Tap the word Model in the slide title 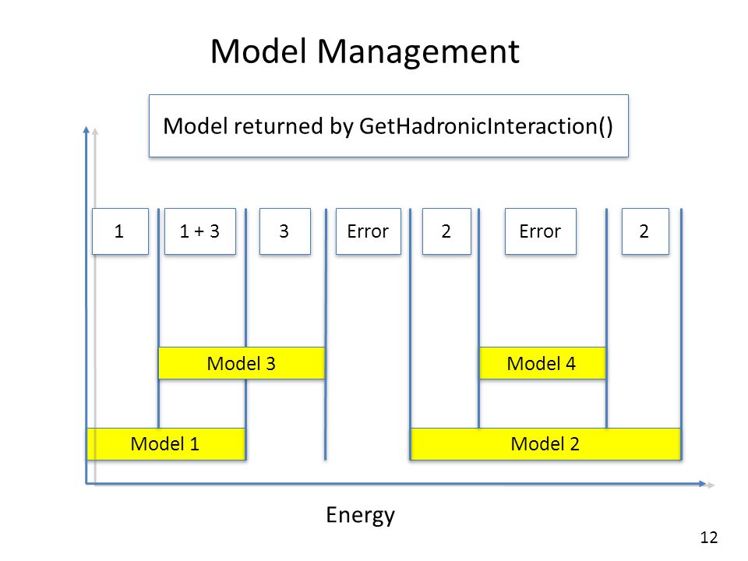point(258,51)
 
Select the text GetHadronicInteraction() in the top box point(485,127)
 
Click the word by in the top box point(341,127)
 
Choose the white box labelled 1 point(120,231)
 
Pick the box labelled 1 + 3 point(200,231)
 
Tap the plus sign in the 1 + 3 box point(199,232)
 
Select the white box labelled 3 point(285,231)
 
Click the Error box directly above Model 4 point(541,231)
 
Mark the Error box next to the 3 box point(369,231)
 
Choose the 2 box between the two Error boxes point(446,231)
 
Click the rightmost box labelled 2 point(645,231)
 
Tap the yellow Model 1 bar point(165,444)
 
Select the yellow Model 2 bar point(545,444)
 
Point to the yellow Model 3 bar point(242,364)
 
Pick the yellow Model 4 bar point(542,364)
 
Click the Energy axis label point(361,516)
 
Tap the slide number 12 point(709,538)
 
